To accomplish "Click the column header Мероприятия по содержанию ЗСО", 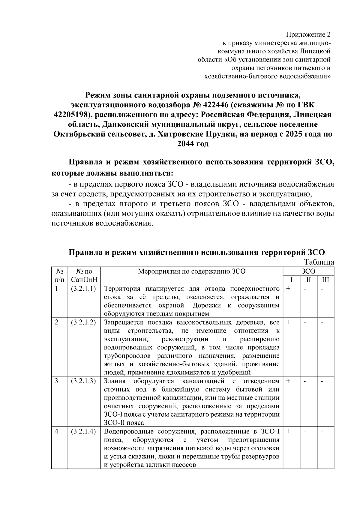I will [191, 271].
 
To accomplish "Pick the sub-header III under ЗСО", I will [325, 280].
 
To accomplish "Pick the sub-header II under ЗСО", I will [308, 280].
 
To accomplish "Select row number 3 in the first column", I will [56, 381].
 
